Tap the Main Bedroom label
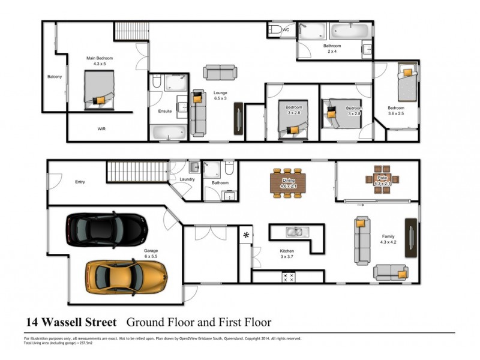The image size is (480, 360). (99, 61)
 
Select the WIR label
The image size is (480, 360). (102, 129)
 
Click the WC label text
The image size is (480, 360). (286, 29)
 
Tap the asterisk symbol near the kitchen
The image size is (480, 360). (247, 235)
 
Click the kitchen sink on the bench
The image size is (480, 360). (293, 231)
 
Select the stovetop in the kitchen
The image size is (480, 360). (288, 277)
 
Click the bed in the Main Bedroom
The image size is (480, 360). (99, 90)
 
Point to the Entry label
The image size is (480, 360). (80, 182)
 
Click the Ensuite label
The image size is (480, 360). (165, 111)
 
